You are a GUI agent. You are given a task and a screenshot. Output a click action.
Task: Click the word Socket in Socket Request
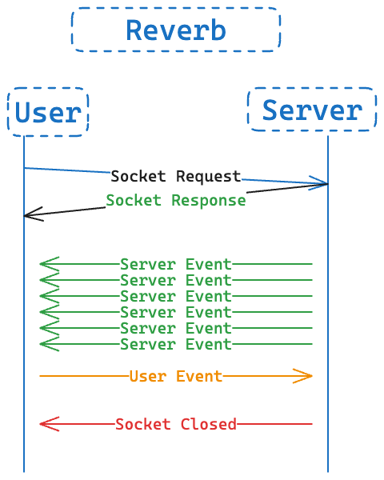click(138, 176)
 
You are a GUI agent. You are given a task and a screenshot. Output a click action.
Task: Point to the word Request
click(209, 177)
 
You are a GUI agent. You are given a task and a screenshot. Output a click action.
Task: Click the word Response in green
click(209, 201)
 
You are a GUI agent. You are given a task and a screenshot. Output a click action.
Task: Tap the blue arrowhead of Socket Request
click(318, 183)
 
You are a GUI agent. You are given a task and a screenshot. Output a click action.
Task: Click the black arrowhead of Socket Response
click(34, 214)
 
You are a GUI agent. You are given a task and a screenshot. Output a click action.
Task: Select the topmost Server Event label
click(176, 264)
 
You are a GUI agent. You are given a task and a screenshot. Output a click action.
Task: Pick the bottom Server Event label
click(176, 344)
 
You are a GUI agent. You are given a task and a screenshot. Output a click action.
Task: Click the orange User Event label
click(176, 376)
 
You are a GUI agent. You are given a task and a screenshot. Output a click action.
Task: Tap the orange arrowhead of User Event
click(303, 376)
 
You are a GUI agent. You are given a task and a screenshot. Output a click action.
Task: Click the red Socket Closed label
click(176, 424)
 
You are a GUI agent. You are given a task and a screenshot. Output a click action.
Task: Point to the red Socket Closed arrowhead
click(50, 424)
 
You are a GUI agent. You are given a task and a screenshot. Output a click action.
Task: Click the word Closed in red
click(209, 424)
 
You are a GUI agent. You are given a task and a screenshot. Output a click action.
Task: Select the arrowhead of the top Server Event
click(50, 264)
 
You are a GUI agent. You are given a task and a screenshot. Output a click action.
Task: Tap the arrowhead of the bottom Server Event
click(50, 344)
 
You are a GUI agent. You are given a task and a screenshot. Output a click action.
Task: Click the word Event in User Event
click(199, 376)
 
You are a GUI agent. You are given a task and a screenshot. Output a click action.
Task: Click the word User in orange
click(148, 376)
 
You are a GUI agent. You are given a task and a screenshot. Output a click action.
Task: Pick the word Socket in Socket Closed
click(142, 424)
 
